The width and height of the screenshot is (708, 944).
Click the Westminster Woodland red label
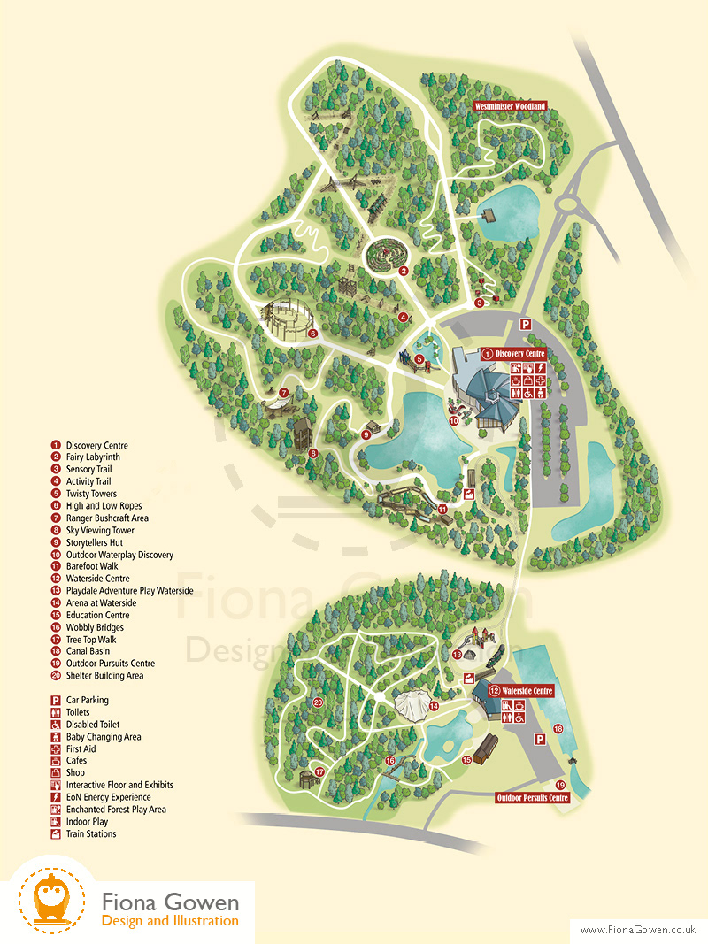pyautogui.click(x=511, y=106)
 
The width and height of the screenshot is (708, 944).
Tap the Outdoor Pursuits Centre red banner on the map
pyautogui.click(x=532, y=797)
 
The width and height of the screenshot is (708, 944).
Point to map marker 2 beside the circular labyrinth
pyautogui.click(x=403, y=271)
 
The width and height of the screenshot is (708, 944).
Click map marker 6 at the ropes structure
pyautogui.click(x=312, y=334)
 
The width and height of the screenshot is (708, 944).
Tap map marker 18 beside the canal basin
pyautogui.click(x=558, y=729)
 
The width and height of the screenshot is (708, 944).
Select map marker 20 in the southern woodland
pyautogui.click(x=317, y=703)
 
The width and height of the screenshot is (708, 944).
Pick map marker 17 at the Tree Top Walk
pyautogui.click(x=320, y=771)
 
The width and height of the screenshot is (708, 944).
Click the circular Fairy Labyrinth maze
pyautogui.click(x=382, y=256)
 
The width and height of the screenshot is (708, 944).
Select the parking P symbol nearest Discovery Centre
pyautogui.click(x=525, y=325)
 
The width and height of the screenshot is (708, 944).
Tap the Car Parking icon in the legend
pyautogui.click(x=55, y=700)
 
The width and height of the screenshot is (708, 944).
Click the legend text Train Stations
pyautogui.click(x=91, y=833)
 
